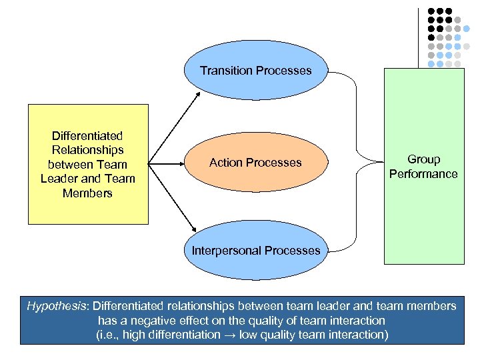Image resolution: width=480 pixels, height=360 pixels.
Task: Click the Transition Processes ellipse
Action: [x=256, y=71]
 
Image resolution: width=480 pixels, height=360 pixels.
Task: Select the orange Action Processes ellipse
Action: [x=255, y=163]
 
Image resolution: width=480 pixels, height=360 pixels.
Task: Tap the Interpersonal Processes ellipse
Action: [x=256, y=251]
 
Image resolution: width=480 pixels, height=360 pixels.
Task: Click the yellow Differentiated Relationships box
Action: [x=88, y=164]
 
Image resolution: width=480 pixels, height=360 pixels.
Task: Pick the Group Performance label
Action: [x=423, y=167]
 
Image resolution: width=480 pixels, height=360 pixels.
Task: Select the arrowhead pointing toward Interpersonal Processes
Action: [x=194, y=229]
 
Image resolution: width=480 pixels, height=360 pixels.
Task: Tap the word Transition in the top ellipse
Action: [x=224, y=71]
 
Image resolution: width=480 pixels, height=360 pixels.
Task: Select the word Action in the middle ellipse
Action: [x=225, y=163]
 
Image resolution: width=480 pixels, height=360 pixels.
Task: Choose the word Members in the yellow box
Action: [x=87, y=193]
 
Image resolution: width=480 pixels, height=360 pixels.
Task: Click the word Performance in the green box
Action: [x=423, y=174]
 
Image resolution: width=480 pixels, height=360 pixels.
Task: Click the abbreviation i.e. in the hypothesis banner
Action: [x=109, y=335]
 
